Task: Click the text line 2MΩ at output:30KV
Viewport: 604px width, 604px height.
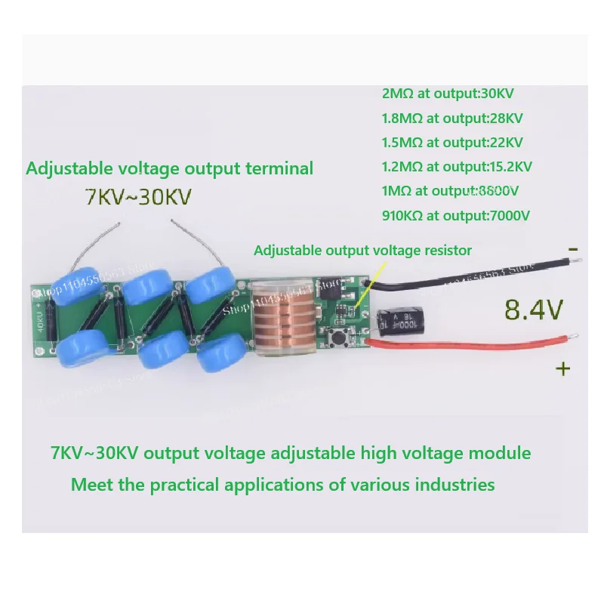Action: click(448, 94)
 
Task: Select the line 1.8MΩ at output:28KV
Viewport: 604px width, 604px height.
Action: click(453, 118)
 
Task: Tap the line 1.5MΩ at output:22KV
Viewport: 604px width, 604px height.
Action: click(453, 142)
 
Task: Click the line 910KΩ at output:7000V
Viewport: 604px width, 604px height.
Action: click(456, 215)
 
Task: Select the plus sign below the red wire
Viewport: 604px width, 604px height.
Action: click(562, 368)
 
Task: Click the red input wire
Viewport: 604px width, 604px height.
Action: click(468, 344)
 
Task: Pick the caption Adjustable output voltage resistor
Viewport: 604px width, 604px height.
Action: click(362, 250)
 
